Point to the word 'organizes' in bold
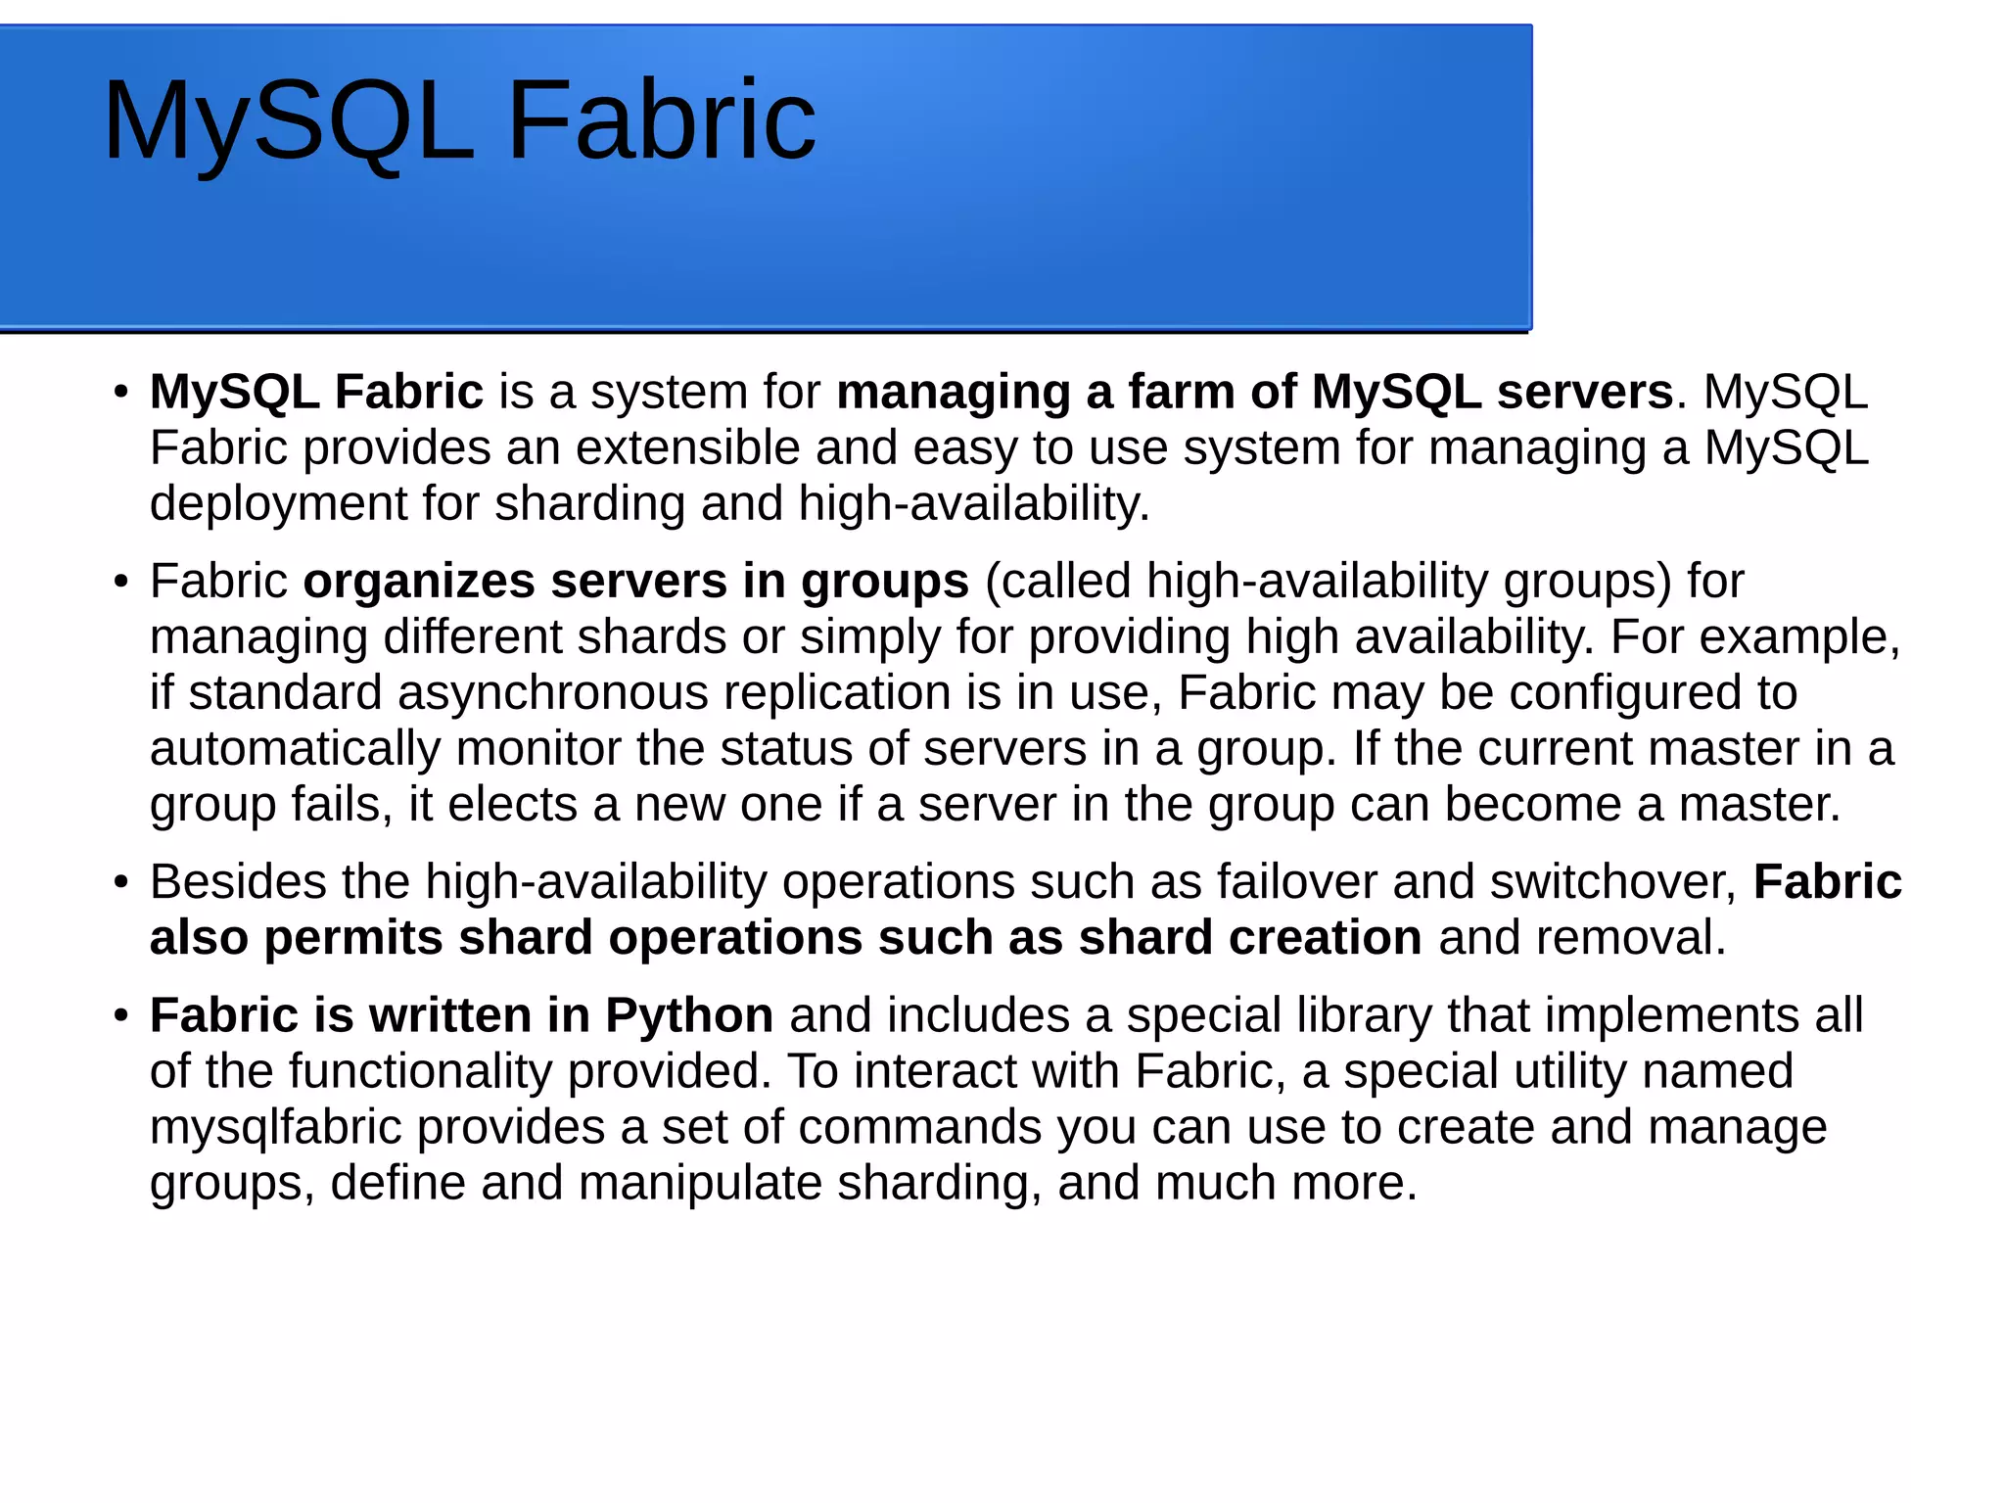click(x=418, y=582)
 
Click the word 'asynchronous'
click(x=552, y=693)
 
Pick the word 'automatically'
click(x=295, y=749)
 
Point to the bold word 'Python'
click(x=689, y=1015)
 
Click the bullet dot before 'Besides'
click(x=121, y=883)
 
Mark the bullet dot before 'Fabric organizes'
click(x=121, y=583)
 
